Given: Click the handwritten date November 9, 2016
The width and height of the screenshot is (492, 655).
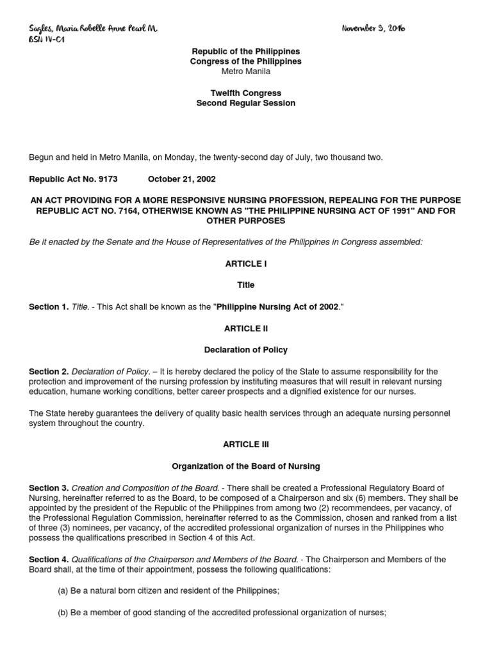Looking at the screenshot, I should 373,29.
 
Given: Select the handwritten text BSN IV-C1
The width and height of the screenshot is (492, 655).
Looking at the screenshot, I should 47,39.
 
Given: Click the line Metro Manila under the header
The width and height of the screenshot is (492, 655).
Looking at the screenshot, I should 245,72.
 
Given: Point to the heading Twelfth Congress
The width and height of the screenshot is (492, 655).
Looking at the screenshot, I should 245,92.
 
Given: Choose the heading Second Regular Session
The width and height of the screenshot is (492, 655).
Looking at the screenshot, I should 245,103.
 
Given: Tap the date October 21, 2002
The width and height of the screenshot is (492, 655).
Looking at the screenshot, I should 177,180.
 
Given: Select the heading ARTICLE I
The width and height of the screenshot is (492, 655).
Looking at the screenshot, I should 245,264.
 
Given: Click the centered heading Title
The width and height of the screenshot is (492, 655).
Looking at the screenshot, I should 245,285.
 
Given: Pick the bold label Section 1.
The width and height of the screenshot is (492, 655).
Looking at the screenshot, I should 48,307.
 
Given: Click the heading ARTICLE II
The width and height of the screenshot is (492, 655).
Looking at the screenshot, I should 245,328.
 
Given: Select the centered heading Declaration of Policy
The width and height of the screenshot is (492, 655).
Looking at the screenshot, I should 245,350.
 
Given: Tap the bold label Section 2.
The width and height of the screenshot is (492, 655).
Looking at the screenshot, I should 48,371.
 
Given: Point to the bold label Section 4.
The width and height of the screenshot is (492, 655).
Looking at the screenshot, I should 48,559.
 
